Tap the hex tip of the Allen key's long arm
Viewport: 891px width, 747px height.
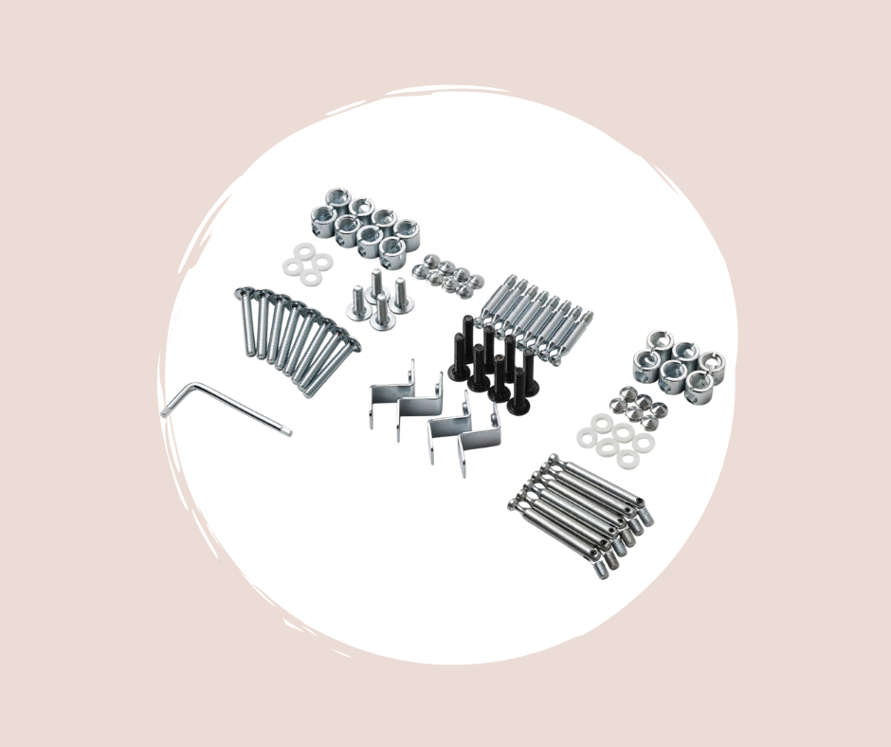[288, 432]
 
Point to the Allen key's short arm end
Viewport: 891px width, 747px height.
[165, 413]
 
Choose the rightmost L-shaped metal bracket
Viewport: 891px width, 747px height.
[480, 442]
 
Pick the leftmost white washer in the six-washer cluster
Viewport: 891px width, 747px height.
[586, 435]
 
